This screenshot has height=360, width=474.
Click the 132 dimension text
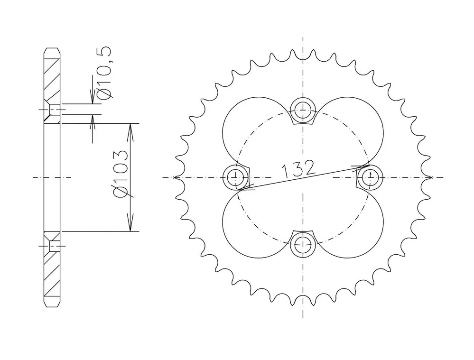pyautogui.click(x=298, y=169)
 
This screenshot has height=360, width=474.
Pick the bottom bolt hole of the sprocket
pyautogui.click(x=303, y=244)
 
